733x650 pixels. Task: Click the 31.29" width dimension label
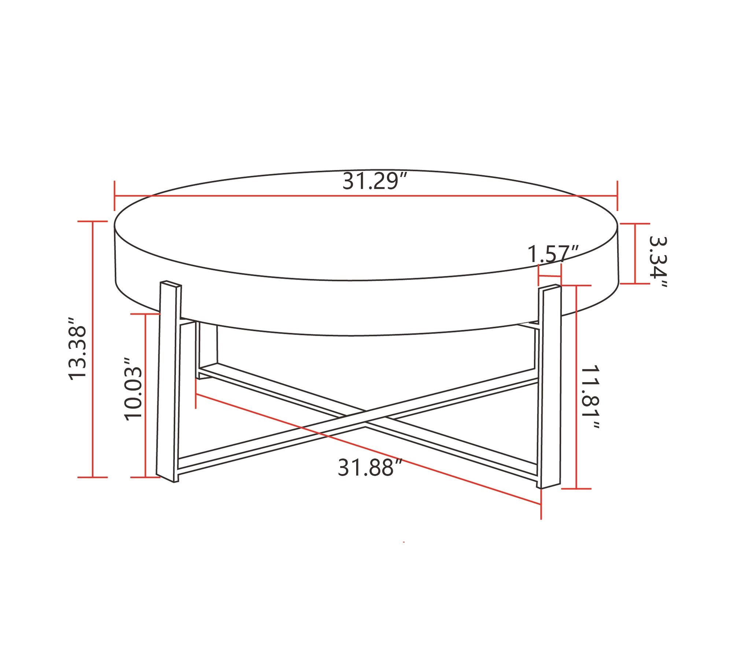375,181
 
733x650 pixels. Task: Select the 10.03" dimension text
133,389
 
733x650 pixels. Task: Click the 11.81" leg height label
591,397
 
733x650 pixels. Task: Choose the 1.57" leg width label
553,254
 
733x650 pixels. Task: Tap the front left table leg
169,381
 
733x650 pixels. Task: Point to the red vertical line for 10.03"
146,396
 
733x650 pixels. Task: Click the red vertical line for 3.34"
635,254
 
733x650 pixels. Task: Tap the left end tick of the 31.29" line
115,196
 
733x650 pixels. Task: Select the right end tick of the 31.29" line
618,196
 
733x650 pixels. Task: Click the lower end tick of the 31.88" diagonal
541,506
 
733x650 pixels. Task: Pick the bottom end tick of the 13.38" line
93,477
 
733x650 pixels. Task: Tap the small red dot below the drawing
404,542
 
